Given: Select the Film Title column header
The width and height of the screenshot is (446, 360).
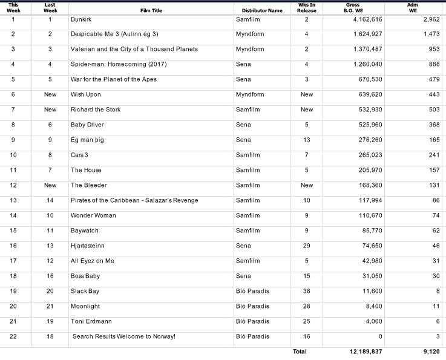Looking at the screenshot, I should tap(151, 11).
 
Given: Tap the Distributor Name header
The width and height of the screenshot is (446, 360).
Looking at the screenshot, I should tap(262, 11).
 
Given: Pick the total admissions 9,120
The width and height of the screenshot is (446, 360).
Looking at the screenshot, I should tap(423, 352).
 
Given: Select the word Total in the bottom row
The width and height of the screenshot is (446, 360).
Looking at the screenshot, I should tap(300, 352).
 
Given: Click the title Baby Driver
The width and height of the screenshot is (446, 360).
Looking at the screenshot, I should tap(87, 125).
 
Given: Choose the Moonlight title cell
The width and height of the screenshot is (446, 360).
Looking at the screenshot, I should tap(85, 306).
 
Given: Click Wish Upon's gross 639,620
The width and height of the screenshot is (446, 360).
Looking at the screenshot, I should tap(367, 94).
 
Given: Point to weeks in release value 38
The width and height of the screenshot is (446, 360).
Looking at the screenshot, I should tap(307, 291).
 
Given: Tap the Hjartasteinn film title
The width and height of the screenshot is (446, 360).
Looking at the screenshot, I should tap(88, 246).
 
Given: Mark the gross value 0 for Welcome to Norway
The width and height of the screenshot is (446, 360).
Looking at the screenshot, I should tap(380, 336).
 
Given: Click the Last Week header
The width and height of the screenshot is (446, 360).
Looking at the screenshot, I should tap(50, 7).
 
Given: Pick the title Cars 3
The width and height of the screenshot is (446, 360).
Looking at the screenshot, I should tap(79, 155).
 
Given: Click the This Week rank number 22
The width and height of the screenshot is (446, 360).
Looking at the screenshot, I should tap(13, 336).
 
